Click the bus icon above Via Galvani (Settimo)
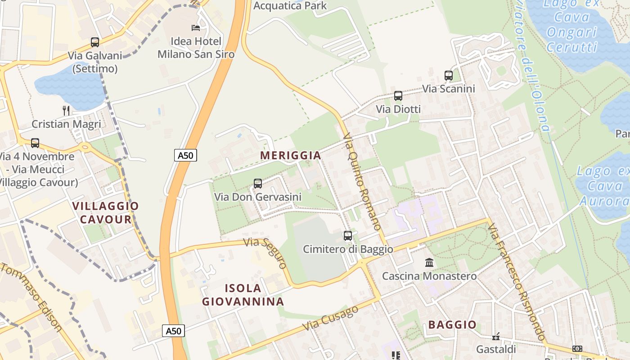point(94,42)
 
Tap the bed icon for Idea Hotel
point(196,28)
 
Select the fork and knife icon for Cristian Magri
point(66,110)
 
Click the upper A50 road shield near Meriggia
point(185,156)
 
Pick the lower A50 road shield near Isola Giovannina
point(173,331)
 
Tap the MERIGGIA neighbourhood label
point(291,155)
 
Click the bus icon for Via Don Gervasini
point(257,184)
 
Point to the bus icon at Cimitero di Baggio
point(347,236)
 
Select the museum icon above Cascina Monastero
point(429,262)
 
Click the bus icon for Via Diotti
point(398,96)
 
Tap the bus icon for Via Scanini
point(448,76)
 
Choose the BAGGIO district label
point(452,324)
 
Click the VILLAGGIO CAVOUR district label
point(106,213)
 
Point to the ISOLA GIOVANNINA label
point(243,295)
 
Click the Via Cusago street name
point(330,318)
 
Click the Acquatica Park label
point(290,6)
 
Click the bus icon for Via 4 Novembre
point(35,143)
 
